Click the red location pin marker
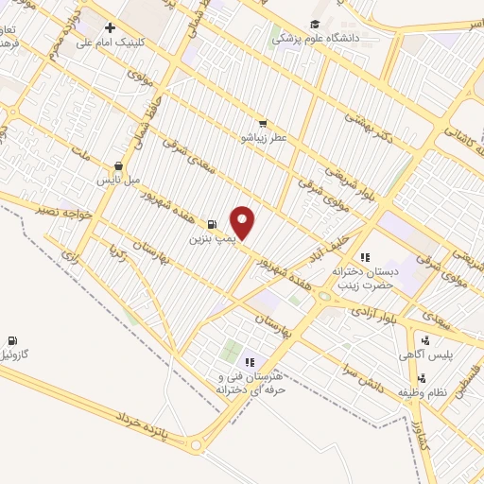243,222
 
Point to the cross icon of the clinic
111,27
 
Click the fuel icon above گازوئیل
11,340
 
